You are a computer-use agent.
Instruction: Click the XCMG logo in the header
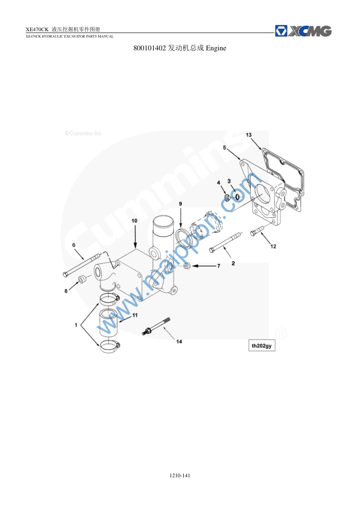(303, 31)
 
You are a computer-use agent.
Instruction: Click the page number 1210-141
(180, 476)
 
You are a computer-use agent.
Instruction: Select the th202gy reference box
(262, 346)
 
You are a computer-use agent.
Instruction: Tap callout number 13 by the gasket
(249, 135)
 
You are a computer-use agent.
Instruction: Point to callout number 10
(134, 221)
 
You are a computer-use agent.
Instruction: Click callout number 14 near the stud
(179, 341)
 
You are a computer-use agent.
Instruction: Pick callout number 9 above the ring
(180, 204)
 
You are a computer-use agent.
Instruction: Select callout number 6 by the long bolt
(74, 245)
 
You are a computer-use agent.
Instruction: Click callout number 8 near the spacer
(66, 291)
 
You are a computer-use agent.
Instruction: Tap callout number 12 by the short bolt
(273, 246)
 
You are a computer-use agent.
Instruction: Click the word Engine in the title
(216, 48)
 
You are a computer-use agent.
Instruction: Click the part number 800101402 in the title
(150, 48)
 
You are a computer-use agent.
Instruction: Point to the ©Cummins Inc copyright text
(83, 133)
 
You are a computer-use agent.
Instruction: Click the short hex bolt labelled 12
(257, 231)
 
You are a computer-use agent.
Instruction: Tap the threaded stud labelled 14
(157, 326)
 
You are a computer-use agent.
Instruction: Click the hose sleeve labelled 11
(108, 322)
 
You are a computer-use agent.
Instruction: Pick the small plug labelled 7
(187, 266)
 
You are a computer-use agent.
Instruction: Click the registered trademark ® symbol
(281, 333)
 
